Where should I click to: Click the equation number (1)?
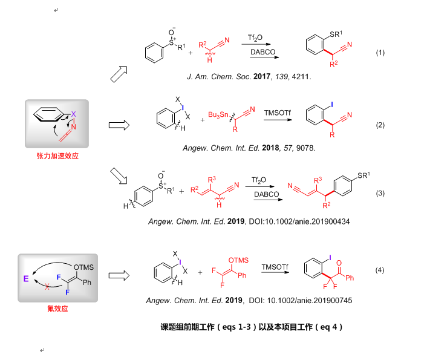tap(380, 53)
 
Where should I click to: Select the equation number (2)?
tap(380, 125)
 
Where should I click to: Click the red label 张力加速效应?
tap(58, 155)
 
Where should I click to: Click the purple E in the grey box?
tap(26, 280)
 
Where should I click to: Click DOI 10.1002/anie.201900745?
tap(308, 300)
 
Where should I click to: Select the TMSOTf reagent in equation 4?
tap(274, 266)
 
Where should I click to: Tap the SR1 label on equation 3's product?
tap(362, 175)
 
